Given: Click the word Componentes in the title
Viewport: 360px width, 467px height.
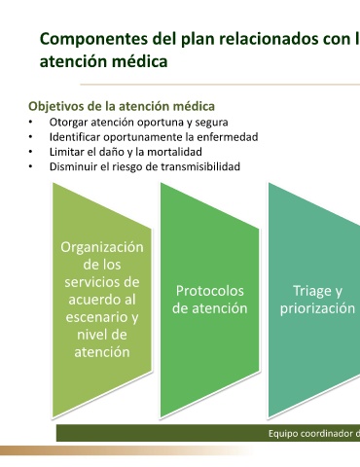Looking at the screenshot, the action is pyautogui.click(x=93, y=39).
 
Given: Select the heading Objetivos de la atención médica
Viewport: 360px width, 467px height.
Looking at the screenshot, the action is pyautogui.click(x=122, y=106).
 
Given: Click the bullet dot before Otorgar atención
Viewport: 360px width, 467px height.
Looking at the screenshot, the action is pyautogui.click(x=30, y=122).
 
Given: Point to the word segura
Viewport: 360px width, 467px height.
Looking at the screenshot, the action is pyautogui.click(x=211, y=123).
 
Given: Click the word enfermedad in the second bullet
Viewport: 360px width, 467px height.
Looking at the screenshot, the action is pyautogui.click(x=228, y=137).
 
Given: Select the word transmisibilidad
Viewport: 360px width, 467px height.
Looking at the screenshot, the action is pyautogui.click(x=200, y=166).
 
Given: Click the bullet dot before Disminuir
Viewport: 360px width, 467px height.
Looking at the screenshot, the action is pyautogui.click(x=30, y=166).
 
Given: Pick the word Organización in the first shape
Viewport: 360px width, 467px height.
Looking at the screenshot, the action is pyautogui.click(x=102, y=247).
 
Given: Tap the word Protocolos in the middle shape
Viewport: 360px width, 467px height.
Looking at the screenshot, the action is pyautogui.click(x=210, y=291).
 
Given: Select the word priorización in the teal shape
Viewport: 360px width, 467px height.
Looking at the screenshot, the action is pyautogui.click(x=317, y=308).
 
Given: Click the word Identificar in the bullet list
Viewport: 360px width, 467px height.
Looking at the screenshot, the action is pyautogui.click(x=75, y=137).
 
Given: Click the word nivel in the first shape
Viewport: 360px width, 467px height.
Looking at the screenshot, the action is pyautogui.click(x=90, y=335).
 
